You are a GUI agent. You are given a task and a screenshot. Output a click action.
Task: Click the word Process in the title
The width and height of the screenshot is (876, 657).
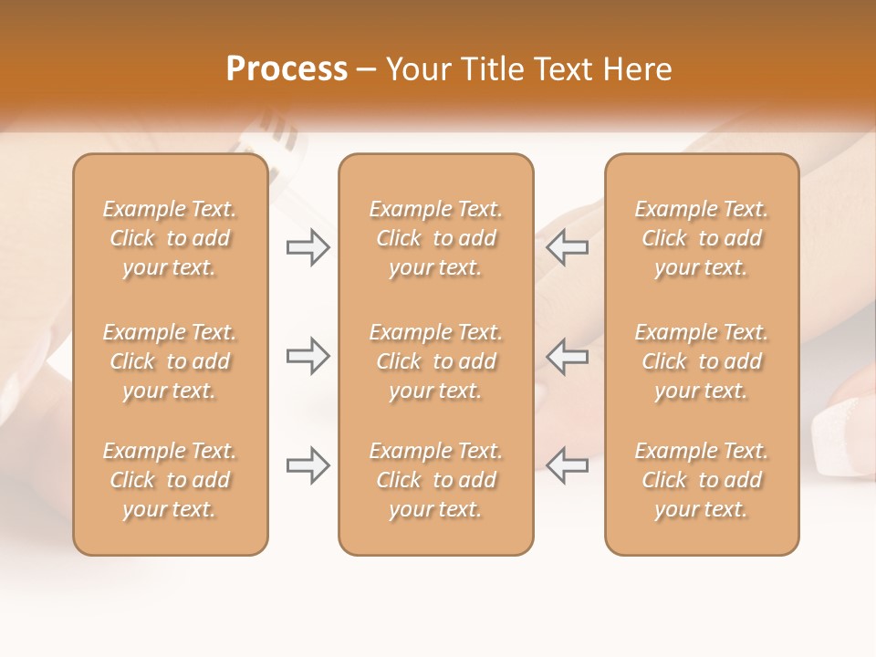point(287,69)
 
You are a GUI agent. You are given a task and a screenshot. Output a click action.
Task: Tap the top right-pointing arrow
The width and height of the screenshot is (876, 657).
point(308,247)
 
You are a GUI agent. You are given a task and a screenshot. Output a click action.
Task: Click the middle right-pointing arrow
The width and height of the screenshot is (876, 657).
point(308,356)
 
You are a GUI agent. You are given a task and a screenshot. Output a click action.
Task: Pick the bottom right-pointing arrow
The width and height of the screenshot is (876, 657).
point(308,465)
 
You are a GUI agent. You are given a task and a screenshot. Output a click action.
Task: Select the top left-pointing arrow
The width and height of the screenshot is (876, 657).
point(567,247)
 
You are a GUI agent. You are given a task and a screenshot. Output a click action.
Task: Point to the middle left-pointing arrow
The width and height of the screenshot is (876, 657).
point(567,356)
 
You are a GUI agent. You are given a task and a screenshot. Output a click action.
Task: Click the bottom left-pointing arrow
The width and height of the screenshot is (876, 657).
point(567,465)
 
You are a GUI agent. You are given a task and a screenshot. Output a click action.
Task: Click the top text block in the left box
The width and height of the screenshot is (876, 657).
point(170,238)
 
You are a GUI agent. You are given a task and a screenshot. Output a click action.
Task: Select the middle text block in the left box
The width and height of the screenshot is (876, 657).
point(170,361)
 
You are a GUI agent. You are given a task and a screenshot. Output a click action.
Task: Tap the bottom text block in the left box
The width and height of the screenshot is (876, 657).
point(170,480)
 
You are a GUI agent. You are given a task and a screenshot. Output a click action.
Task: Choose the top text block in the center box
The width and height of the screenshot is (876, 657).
point(436,238)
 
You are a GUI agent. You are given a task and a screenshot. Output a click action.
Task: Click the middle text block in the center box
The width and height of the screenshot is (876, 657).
point(436,361)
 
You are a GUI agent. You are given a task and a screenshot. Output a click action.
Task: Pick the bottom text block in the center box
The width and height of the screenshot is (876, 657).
point(436,480)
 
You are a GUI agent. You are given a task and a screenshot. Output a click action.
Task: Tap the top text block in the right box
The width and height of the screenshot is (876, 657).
point(702,238)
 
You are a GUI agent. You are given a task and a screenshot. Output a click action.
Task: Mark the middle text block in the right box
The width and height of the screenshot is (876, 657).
point(702,361)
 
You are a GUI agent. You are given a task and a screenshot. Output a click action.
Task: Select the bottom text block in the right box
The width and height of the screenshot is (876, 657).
point(702,480)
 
